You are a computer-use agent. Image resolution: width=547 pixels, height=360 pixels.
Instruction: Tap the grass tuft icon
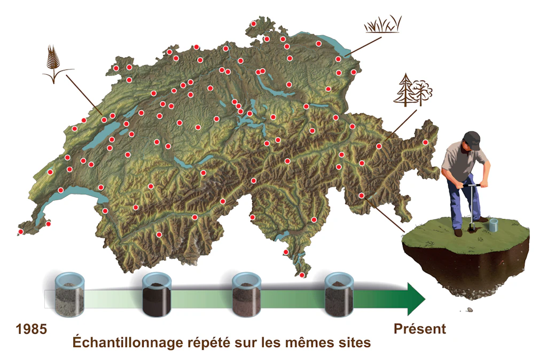382,25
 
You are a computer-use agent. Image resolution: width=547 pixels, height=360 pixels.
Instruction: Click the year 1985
32,329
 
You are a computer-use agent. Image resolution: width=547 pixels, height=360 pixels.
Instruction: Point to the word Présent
420,328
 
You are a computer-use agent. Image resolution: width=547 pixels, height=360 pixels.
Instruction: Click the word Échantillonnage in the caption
128,342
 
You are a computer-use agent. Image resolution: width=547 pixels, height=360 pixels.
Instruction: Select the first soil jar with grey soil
70,295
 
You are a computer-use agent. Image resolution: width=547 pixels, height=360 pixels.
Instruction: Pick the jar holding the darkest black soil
157,295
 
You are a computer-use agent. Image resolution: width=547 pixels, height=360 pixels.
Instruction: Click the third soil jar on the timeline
247,295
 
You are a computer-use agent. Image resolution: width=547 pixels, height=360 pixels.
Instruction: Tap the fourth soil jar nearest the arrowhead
339,295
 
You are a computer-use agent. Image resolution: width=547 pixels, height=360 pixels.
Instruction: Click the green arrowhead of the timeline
416,299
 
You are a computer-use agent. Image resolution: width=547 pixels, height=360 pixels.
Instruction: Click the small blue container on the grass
493,225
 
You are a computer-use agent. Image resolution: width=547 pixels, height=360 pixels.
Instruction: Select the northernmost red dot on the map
254,24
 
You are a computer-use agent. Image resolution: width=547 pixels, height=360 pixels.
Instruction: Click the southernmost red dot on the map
302,275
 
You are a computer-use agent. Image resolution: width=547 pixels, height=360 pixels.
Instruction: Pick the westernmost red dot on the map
21,232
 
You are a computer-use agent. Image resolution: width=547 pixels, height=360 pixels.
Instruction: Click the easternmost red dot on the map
425,142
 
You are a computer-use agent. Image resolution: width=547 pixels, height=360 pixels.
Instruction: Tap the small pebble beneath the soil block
470,309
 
